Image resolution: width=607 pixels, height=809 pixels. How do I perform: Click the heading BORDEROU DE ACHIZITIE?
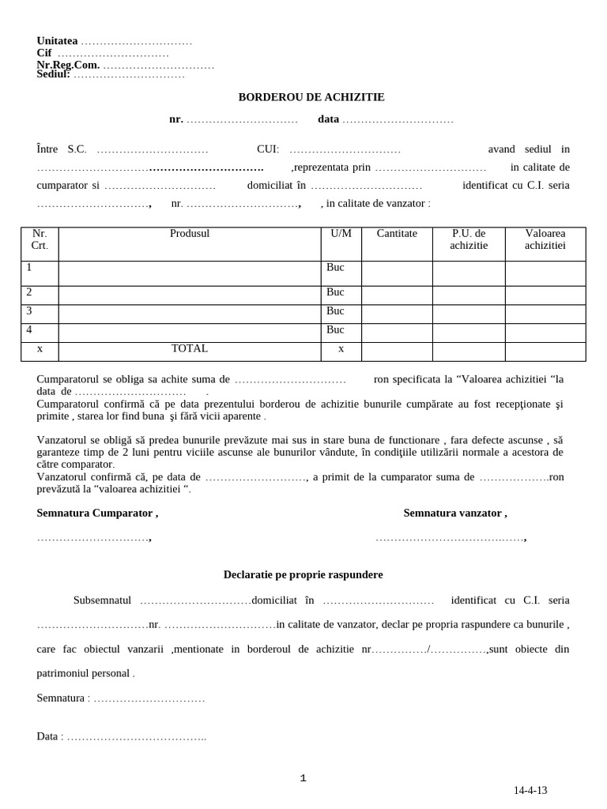point(311,97)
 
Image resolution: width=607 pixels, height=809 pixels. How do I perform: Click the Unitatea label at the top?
point(57,41)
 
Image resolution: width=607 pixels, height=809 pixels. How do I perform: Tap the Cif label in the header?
point(44,53)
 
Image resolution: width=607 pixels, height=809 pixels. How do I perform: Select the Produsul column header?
point(190,234)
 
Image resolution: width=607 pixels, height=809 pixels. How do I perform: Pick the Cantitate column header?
point(397,234)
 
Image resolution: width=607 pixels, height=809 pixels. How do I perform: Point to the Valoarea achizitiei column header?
point(545,239)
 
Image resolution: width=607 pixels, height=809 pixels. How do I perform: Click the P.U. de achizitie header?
point(469,239)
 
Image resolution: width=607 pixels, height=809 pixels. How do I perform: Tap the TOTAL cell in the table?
point(190,348)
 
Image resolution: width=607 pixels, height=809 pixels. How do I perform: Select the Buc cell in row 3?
point(335,311)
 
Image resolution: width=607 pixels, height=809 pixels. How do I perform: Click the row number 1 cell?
point(29,268)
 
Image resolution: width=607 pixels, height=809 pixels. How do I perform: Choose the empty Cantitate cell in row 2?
point(397,295)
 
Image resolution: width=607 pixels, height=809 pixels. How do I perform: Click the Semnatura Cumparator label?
point(97,513)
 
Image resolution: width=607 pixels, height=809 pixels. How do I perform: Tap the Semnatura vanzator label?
point(455,513)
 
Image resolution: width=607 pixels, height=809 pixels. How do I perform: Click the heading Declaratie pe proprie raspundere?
point(303,574)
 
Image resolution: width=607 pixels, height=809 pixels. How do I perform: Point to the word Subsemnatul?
point(102,600)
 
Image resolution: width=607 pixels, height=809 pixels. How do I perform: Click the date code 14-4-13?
point(530,790)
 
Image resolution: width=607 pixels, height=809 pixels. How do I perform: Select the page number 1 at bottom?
point(303,778)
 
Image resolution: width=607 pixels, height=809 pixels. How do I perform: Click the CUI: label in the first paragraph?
point(268,149)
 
